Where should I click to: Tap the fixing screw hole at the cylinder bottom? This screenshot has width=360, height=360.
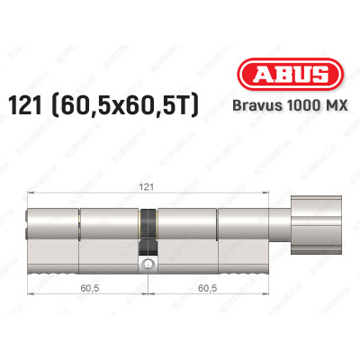pos(146,265)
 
